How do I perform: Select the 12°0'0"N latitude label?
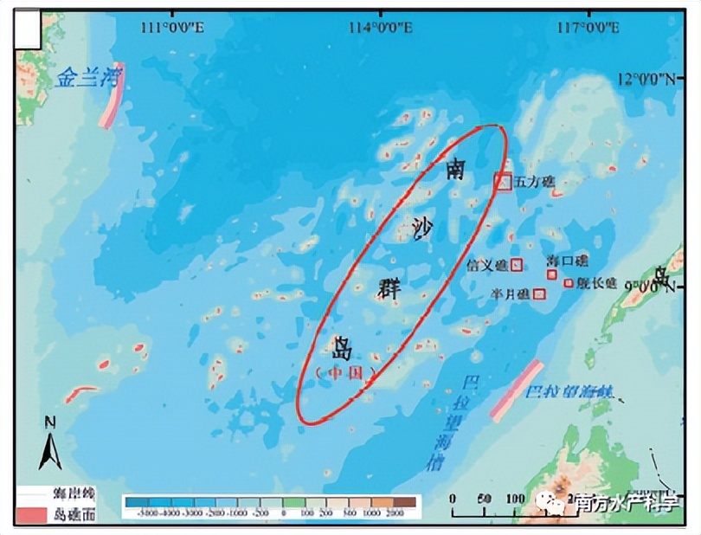click(646, 80)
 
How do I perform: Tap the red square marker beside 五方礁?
click(503, 182)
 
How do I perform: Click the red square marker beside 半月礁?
click(539, 294)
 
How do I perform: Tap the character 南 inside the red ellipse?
click(456, 168)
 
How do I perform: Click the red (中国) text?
click(347, 373)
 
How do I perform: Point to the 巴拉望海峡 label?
click(570, 392)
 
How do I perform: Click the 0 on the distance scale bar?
click(453, 498)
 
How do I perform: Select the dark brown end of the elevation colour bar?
click(408, 501)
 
